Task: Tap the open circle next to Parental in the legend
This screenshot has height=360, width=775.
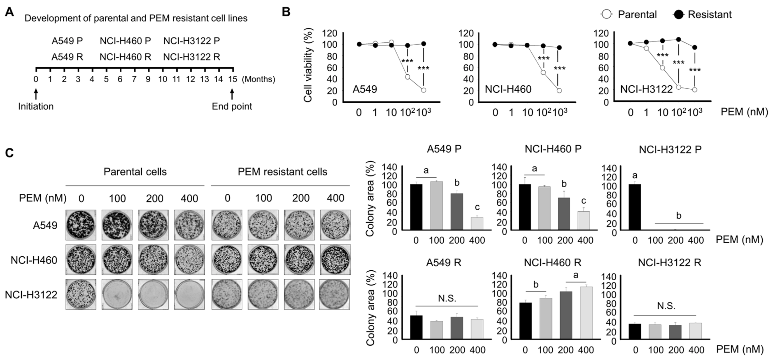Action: (x=607, y=14)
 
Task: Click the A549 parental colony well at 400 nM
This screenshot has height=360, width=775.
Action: (x=189, y=225)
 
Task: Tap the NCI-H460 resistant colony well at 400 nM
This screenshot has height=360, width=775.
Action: (x=335, y=260)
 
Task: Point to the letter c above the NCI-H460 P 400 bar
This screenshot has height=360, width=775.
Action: (x=584, y=201)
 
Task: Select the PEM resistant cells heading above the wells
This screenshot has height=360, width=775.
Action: (x=282, y=172)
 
